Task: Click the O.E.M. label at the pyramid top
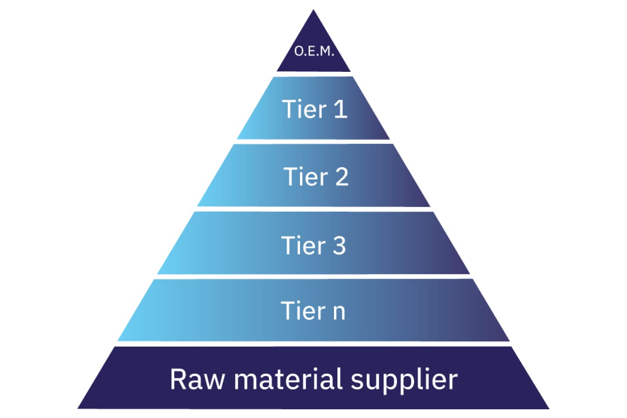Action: (x=313, y=51)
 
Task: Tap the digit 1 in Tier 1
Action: (x=340, y=109)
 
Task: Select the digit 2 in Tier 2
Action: (x=342, y=177)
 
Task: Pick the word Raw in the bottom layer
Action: (x=197, y=379)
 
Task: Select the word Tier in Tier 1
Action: (x=304, y=109)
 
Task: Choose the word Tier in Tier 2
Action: (x=306, y=177)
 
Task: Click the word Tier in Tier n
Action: (x=303, y=311)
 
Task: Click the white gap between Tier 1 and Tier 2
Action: (x=313, y=142)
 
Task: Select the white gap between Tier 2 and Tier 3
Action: (x=313, y=209)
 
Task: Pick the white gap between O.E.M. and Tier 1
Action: (x=313, y=74)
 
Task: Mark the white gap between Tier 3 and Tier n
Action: (x=313, y=277)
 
